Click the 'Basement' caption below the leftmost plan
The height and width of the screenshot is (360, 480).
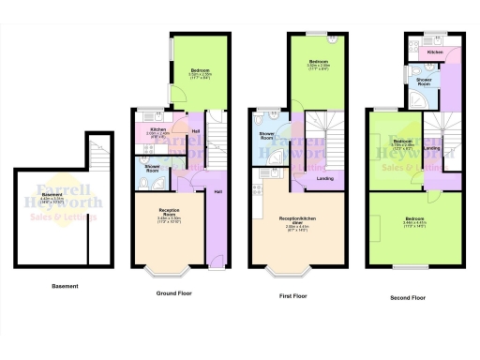point(65,286)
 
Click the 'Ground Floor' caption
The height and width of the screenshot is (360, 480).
point(172,292)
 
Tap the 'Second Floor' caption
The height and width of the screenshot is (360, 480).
point(408,298)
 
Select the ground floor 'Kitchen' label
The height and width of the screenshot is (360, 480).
point(157,129)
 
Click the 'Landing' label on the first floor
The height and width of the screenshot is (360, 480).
point(325,178)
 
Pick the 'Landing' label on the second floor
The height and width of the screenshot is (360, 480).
point(432,148)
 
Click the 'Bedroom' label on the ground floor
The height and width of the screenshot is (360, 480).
point(201,71)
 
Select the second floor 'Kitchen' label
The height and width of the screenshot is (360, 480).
point(435,52)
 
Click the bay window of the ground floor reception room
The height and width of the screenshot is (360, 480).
point(169,271)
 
